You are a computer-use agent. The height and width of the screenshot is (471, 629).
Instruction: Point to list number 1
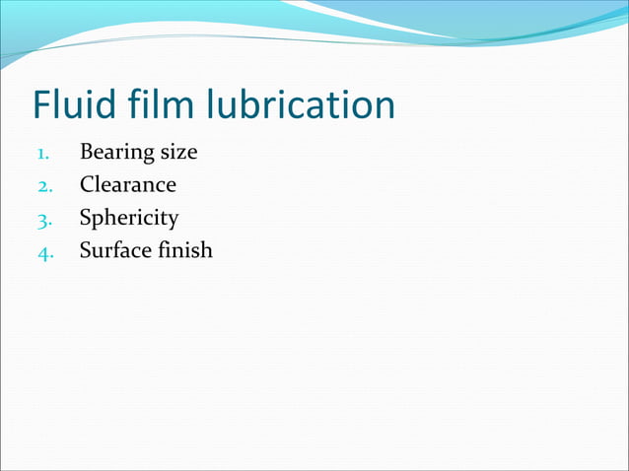point(43,154)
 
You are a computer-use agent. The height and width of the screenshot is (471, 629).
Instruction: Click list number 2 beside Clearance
point(43,186)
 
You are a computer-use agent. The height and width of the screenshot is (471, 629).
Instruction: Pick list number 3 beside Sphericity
point(43,219)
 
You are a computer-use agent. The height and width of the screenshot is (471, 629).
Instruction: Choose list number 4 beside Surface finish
point(43,251)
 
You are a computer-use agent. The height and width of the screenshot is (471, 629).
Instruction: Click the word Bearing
point(116,153)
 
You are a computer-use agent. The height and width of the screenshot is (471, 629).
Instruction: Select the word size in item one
point(178,153)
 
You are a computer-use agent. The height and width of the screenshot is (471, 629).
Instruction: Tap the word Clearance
point(127,185)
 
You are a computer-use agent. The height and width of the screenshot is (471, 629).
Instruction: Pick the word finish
point(184,250)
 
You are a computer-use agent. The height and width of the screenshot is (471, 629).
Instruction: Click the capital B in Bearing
point(86,153)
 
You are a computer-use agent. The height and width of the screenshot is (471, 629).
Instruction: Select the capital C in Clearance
point(87,185)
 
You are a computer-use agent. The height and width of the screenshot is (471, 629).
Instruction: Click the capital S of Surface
point(85,250)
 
